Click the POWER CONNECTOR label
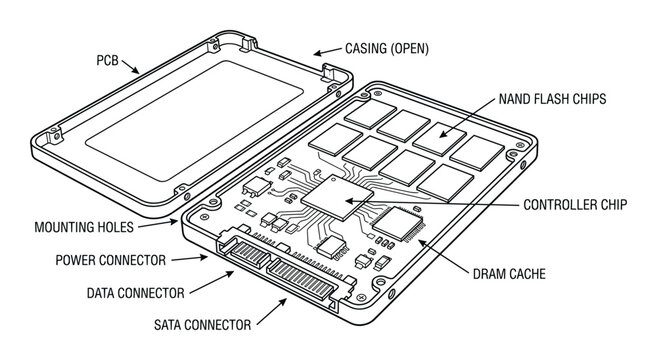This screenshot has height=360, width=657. coord(110,260)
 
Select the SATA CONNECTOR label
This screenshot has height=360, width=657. coord(201,325)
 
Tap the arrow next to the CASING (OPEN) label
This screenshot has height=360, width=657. coord(326,50)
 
